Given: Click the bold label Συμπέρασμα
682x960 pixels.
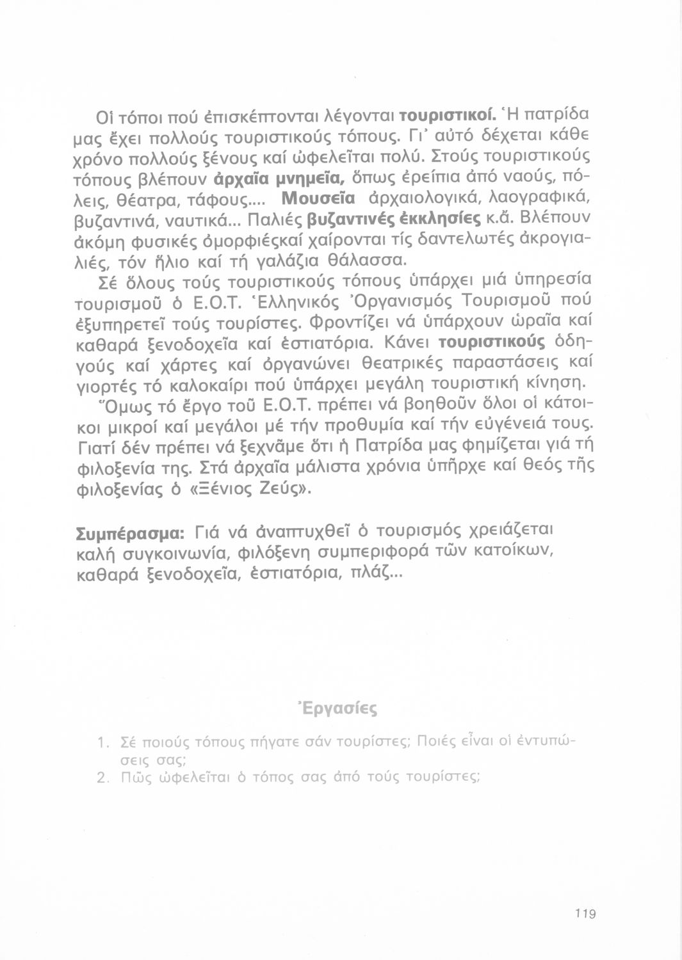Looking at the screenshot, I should coord(131,533).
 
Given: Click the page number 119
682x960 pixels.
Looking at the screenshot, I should coord(585,914).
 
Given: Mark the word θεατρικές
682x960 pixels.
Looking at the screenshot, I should coord(399,365).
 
